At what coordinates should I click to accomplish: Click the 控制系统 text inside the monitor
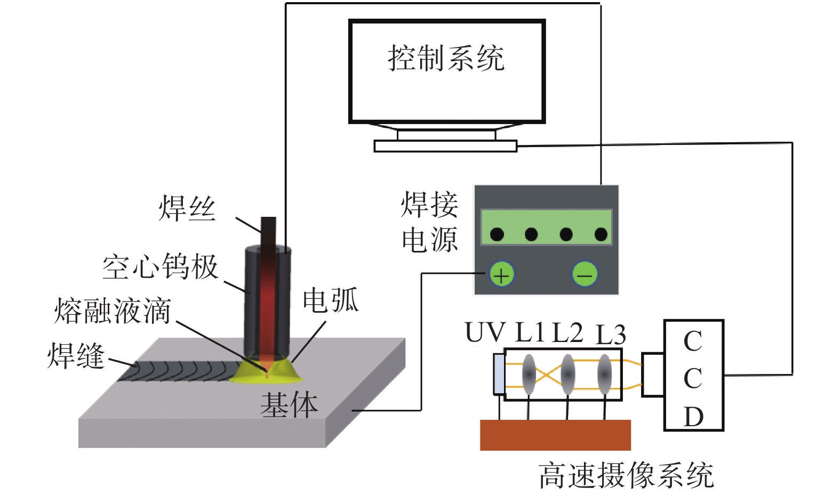pos(446,58)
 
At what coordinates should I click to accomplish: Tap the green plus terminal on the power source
pos(501,274)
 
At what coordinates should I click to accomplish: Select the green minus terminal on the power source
pos(585,274)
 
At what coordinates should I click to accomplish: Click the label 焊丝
pos(187,208)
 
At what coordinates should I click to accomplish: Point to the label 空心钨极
pos(161,266)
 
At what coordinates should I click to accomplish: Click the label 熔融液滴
pos(113,311)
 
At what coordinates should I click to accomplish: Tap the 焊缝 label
pos(76,355)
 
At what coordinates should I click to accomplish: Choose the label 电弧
pos(331,300)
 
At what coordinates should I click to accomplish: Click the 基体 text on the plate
pos(289,405)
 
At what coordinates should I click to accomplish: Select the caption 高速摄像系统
pos(626,475)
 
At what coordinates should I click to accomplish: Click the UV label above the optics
pos(485,333)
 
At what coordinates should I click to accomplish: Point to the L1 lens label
pos(531,333)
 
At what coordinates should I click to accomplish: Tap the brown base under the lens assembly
pos(555,435)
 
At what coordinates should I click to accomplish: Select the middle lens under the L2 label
pos(568,374)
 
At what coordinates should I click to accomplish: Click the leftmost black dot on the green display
pos(497,234)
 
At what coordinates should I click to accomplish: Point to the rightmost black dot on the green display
pos(601,234)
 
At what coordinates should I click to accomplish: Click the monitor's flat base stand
pos(445,146)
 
